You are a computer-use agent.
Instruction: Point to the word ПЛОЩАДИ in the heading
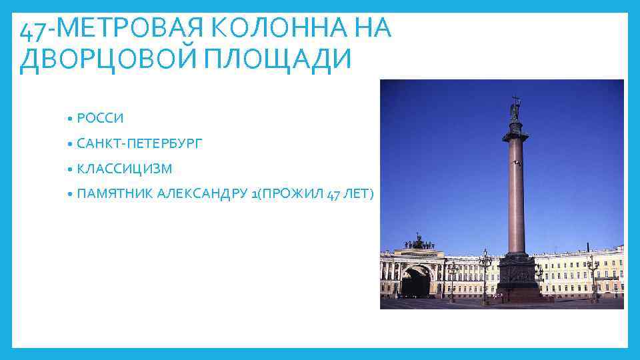point(275,59)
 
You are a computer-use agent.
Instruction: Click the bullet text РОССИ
point(100,118)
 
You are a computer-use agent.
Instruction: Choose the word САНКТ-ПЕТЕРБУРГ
point(139,143)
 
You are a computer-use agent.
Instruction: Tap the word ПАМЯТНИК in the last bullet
point(114,194)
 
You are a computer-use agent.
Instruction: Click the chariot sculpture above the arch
point(419,241)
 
